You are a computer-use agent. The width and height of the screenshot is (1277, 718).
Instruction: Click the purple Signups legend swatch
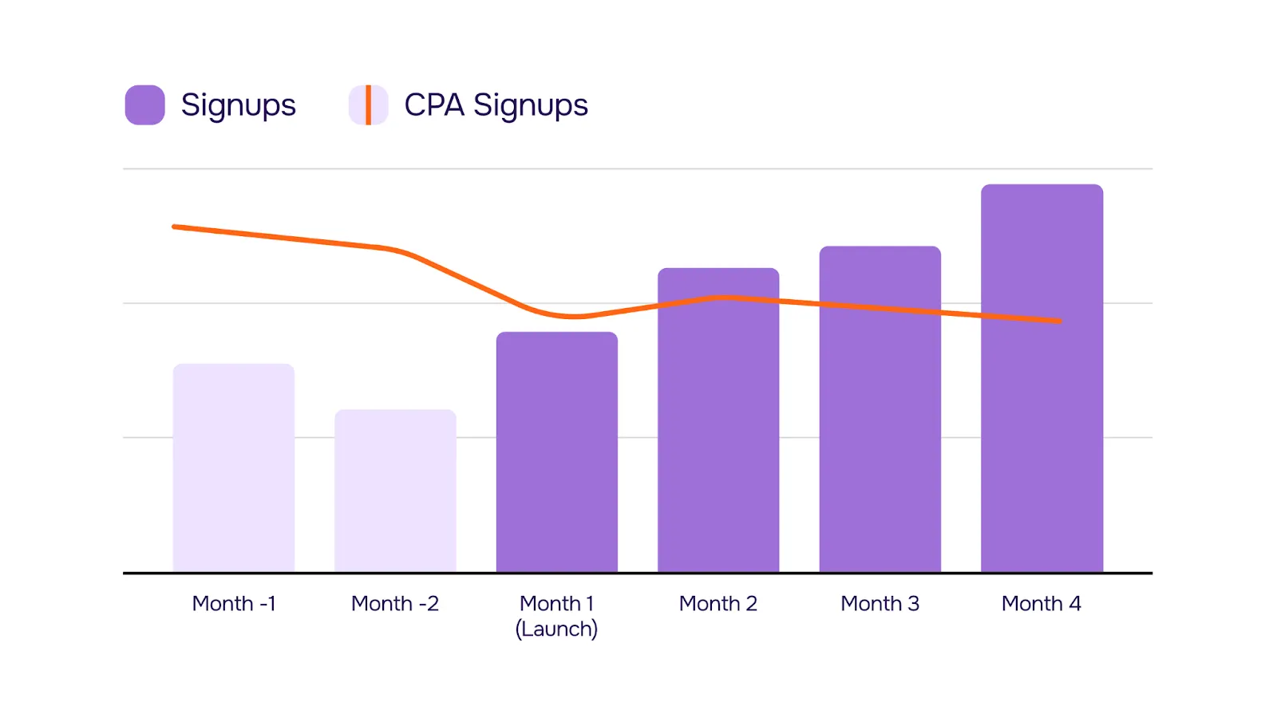point(145,105)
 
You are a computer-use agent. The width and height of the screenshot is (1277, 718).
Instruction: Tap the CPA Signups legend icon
point(368,105)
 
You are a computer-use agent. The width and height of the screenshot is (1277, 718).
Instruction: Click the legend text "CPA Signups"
point(496,105)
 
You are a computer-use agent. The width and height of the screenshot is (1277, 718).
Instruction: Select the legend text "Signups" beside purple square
point(238,105)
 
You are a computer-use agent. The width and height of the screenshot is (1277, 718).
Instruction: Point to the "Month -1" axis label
point(234,604)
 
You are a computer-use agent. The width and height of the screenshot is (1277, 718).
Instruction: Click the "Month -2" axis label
point(395,604)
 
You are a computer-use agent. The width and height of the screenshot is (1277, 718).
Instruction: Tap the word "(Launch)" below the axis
point(556,629)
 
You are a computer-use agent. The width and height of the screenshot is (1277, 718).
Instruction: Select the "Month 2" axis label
point(718,604)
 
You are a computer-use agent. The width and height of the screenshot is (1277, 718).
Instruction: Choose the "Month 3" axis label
point(880,604)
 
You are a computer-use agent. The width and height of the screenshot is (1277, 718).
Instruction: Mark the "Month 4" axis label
point(1042,604)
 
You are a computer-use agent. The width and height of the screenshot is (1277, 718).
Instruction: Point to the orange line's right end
point(1058,321)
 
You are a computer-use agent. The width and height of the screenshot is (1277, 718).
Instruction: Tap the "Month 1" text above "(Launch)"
point(556,604)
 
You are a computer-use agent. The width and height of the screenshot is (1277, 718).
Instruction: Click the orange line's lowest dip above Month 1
point(575,317)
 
